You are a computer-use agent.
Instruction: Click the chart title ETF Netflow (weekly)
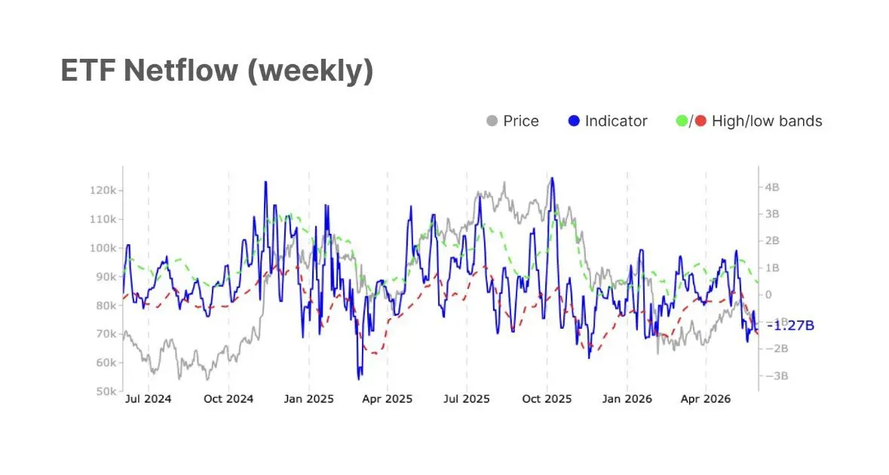click(x=217, y=71)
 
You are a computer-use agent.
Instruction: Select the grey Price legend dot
click(x=492, y=121)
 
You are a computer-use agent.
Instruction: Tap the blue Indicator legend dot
click(x=574, y=121)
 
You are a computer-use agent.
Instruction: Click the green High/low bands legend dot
click(x=682, y=121)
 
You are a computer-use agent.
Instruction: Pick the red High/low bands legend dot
click(x=700, y=121)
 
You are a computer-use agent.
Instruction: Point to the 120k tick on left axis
click(x=103, y=191)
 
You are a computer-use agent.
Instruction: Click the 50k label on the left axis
click(x=106, y=391)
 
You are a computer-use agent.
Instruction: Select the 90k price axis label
click(x=106, y=277)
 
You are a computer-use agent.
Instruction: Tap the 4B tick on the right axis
click(x=772, y=187)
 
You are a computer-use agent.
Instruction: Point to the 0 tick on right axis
click(x=769, y=295)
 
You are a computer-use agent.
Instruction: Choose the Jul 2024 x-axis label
click(x=148, y=399)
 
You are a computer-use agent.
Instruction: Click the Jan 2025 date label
click(x=308, y=399)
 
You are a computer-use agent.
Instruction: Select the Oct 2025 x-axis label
click(x=547, y=399)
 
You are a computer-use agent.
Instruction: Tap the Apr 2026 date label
click(x=705, y=399)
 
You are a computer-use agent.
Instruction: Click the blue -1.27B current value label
click(x=790, y=326)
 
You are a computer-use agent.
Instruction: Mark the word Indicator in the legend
click(x=616, y=121)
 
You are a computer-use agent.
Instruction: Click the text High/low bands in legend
click(x=767, y=121)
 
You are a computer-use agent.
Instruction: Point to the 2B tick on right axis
click(x=772, y=241)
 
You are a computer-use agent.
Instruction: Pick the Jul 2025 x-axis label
click(x=467, y=399)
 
